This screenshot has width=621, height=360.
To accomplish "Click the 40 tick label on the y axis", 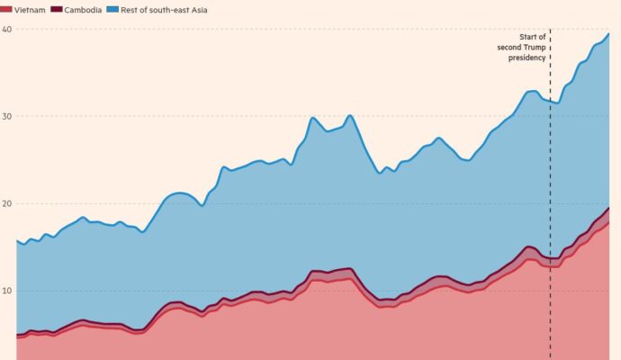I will (x=6, y=30).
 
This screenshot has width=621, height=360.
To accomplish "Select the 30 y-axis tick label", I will (x=6, y=117).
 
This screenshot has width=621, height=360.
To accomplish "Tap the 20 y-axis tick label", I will (x=6, y=204).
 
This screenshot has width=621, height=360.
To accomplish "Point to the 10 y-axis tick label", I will (x=6, y=292).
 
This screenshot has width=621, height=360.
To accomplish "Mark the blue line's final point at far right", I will (x=608, y=34).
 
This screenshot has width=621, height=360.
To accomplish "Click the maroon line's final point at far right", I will (x=608, y=208).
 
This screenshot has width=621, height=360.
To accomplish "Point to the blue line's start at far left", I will (x=17, y=240).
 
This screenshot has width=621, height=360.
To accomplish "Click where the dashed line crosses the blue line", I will (x=550, y=101).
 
